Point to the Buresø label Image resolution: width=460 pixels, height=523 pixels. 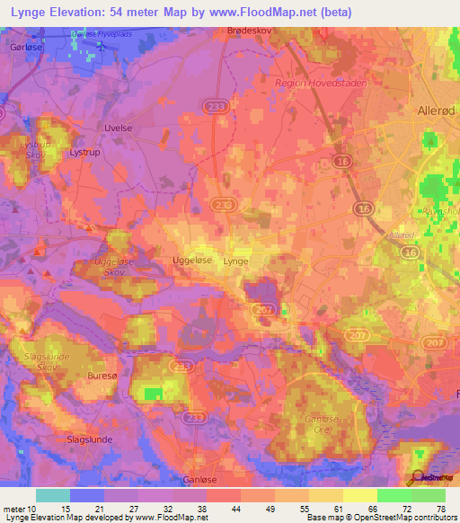[x=101, y=374]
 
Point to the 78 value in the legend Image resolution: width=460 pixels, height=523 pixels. [x=440, y=510]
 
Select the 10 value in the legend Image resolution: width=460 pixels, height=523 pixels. [x=41, y=510]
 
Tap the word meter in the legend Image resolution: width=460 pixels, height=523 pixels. [x=14, y=510]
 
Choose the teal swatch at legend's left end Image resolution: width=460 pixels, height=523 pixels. [x=52, y=495]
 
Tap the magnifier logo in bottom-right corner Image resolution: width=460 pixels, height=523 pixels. [x=416, y=479]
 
